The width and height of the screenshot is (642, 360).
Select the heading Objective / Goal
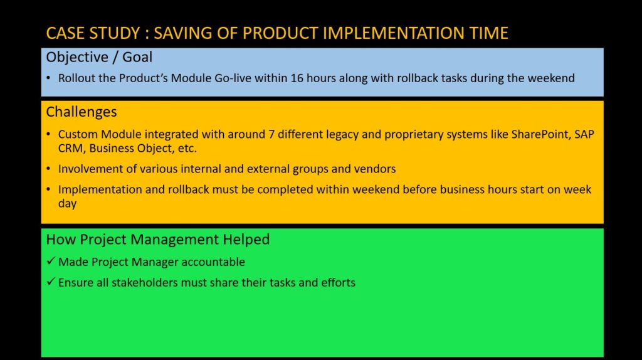99,57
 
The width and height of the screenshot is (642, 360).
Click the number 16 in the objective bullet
297,78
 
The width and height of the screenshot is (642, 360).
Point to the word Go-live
233,78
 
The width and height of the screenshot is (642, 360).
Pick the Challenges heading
82,112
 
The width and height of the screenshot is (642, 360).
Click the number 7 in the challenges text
271,134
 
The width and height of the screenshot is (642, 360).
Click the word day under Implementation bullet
67,204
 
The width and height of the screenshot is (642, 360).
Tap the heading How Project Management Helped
157,240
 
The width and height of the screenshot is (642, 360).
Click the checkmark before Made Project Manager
51,261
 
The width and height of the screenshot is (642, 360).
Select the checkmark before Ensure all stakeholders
51,282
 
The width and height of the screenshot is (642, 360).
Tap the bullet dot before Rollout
49,78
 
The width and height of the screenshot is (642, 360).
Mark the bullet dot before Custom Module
49,134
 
